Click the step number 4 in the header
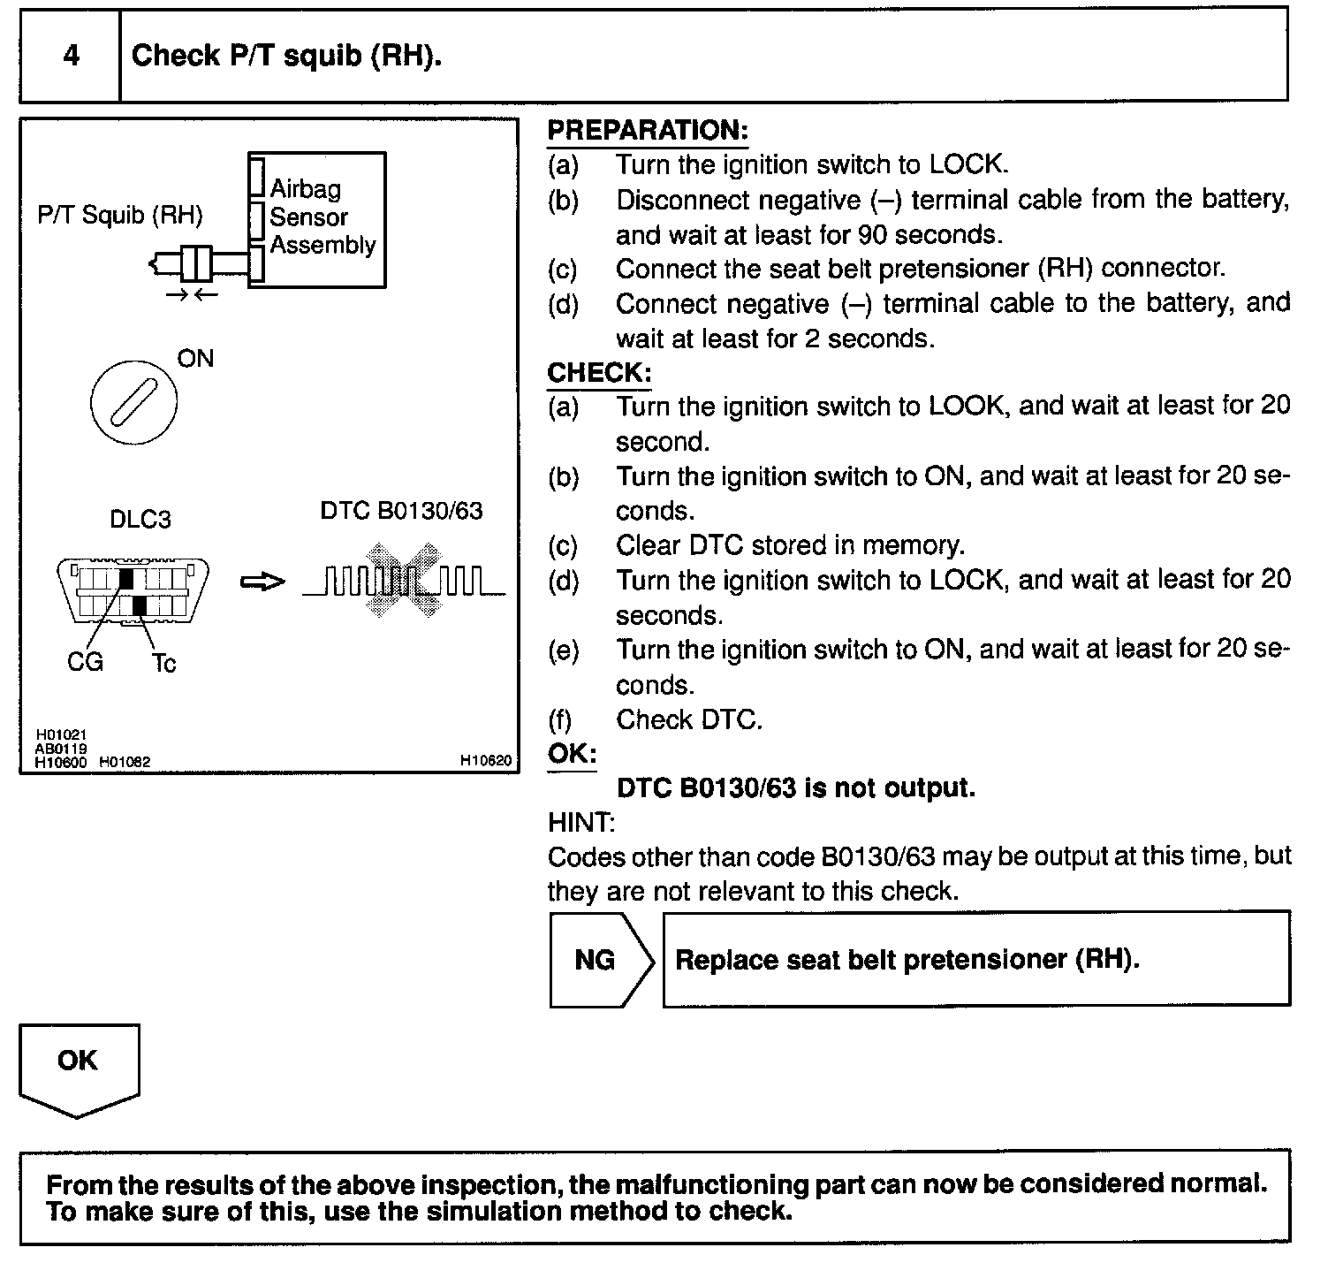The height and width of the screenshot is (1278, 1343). pos(72,56)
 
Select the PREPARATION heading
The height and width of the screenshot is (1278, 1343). pos(648,131)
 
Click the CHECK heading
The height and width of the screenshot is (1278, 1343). pos(599,373)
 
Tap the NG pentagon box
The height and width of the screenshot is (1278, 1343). pos(602,960)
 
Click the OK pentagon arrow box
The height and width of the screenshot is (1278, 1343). pos(79,1070)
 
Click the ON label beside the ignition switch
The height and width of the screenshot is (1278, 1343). pos(195,358)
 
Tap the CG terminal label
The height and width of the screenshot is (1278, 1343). pos(85,661)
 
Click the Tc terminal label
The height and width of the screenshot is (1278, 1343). pos(164,663)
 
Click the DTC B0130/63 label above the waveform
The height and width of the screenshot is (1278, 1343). pos(401,511)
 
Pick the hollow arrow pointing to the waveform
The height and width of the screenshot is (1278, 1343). pos(262,582)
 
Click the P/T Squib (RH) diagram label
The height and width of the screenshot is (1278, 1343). pos(120,215)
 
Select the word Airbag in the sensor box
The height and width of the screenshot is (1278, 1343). pos(305,188)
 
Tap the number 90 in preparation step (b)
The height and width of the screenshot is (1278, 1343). pos(871,235)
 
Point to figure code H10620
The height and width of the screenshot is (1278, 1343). pos(485,759)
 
